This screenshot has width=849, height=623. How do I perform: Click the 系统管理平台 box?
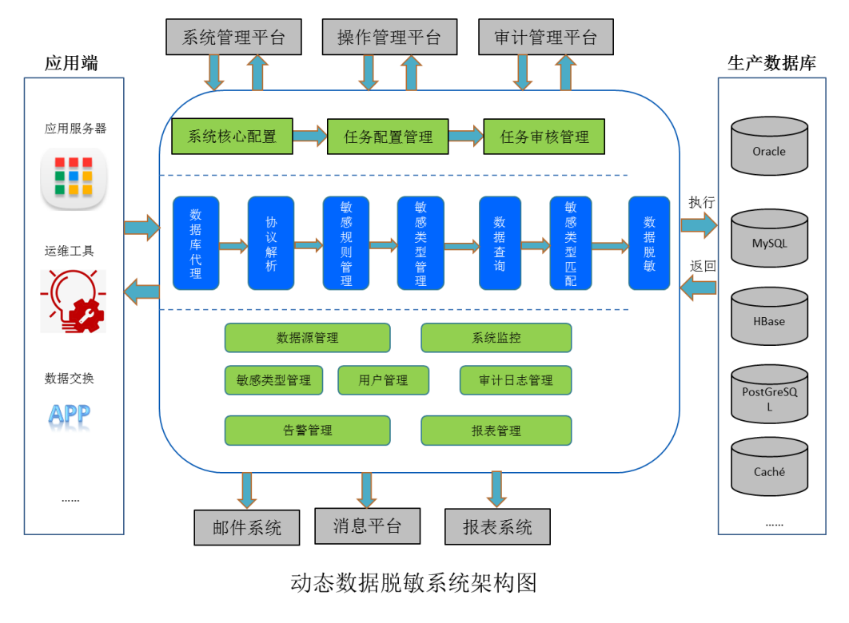click(x=233, y=38)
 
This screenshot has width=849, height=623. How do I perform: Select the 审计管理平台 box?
click(x=546, y=38)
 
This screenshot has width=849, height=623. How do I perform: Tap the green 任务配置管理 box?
click(x=388, y=137)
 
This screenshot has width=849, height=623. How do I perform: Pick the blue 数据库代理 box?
click(x=196, y=243)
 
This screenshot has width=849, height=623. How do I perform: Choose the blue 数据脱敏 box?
click(x=648, y=243)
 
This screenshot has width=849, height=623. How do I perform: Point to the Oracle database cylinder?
click(x=769, y=147)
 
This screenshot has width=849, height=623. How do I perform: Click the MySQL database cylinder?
click(x=769, y=239)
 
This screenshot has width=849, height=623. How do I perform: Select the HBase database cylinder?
click(x=769, y=318)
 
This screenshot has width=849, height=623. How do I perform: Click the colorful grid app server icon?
click(x=74, y=177)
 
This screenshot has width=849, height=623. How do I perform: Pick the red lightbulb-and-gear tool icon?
click(x=74, y=301)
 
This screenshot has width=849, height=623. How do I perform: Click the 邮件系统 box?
click(x=246, y=528)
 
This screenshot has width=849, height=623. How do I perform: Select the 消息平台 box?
click(x=366, y=526)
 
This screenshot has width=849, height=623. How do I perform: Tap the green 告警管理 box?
click(x=307, y=431)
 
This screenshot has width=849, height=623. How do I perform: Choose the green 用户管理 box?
click(x=383, y=380)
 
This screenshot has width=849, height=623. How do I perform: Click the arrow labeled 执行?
click(x=699, y=227)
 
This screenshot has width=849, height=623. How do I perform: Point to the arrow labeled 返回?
click(x=699, y=288)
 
